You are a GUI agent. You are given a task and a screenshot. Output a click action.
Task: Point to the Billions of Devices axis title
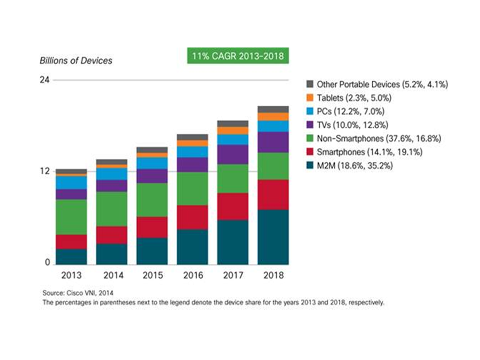76,61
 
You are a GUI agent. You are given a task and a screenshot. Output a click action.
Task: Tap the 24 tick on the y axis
44,80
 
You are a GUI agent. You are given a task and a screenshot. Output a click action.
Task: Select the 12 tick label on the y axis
44,171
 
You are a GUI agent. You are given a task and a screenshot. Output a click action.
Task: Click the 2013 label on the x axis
71,275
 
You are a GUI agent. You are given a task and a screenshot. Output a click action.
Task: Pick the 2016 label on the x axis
192,275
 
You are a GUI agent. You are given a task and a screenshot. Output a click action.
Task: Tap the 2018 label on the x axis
273,275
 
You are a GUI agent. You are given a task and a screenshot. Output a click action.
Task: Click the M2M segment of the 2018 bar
273,236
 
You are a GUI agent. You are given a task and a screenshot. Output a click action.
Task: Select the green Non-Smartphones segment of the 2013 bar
71,217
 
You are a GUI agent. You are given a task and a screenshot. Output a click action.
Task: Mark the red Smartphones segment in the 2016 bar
192,217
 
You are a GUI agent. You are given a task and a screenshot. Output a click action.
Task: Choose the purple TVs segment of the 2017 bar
232,154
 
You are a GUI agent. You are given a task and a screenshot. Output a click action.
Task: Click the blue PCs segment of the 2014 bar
111,173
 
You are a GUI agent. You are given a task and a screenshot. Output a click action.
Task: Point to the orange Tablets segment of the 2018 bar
273,116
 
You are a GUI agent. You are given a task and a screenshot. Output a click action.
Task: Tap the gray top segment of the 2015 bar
151,149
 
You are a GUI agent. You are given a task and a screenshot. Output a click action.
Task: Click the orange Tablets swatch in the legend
309,98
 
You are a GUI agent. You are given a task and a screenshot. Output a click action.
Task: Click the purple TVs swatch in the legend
309,125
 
